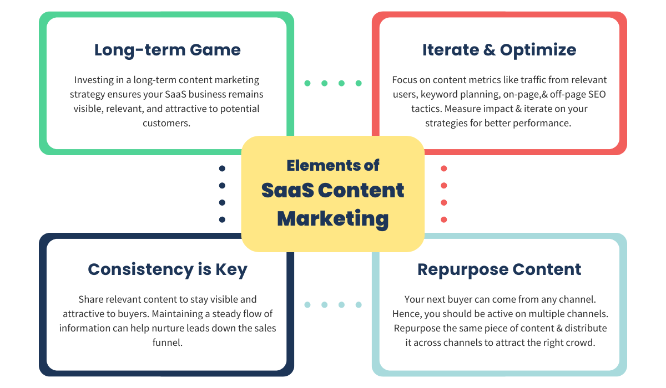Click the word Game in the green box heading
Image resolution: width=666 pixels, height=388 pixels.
tap(215, 50)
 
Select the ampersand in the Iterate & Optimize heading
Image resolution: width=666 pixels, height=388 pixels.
tap(489, 50)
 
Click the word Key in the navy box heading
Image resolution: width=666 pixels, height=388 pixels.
tap(231, 269)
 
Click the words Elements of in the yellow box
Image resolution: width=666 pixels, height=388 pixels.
tap(333, 165)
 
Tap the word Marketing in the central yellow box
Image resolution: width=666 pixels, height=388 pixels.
tap(333, 218)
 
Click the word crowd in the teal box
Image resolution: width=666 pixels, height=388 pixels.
tap(580, 343)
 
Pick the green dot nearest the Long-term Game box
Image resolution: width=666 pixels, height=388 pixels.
tap(307, 83)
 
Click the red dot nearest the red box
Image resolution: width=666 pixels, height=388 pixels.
tap(444, 169)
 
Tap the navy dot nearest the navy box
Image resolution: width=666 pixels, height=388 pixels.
tap(222, 219)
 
